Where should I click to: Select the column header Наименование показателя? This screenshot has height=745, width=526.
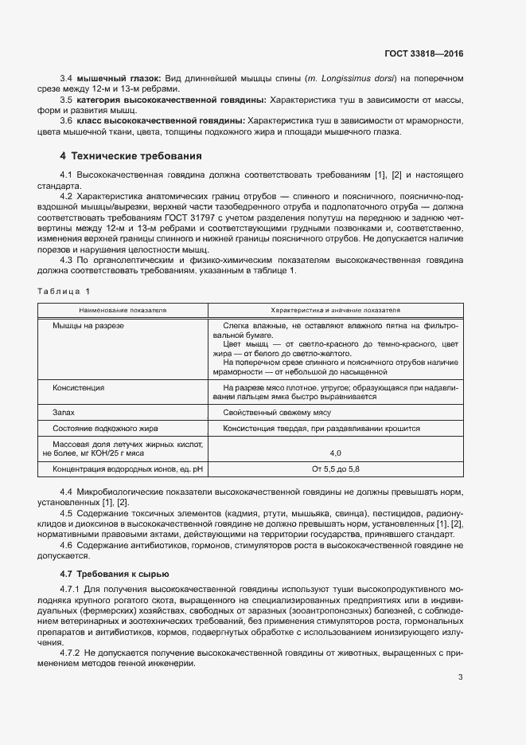(123, 310)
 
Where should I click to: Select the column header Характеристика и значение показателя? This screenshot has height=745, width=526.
(335, 310)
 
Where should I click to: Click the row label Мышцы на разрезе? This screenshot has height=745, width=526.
(88, 327)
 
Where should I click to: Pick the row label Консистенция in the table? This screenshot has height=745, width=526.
(79, 387)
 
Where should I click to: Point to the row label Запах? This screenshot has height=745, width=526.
(64, 413)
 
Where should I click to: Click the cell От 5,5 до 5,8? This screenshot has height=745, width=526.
(335, 469)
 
